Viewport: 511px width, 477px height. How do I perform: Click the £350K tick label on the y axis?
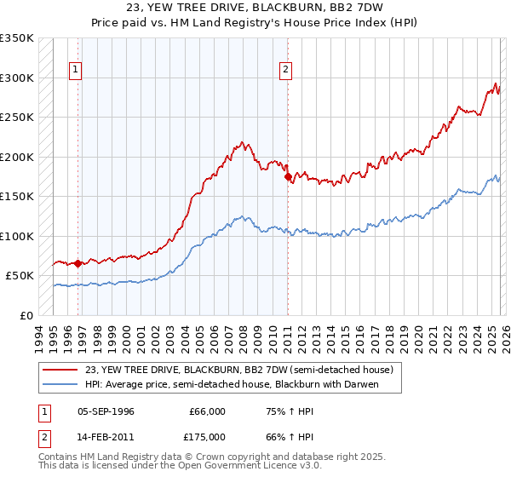[x=17, y=38]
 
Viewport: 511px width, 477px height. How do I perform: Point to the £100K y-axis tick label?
[x=17, y=236]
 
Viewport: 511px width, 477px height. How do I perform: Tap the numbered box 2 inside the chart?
[x=285, y=71]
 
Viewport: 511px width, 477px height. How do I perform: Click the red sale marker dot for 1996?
[x=78, y=263]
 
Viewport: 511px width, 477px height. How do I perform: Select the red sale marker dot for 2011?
[x=288, y=177]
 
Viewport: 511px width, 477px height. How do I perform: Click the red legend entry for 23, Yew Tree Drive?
[x=238, y=371]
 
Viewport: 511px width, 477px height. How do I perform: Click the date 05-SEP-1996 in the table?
[x=106, y=411]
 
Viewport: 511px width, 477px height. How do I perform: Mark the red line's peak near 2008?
[x=243, y=142]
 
